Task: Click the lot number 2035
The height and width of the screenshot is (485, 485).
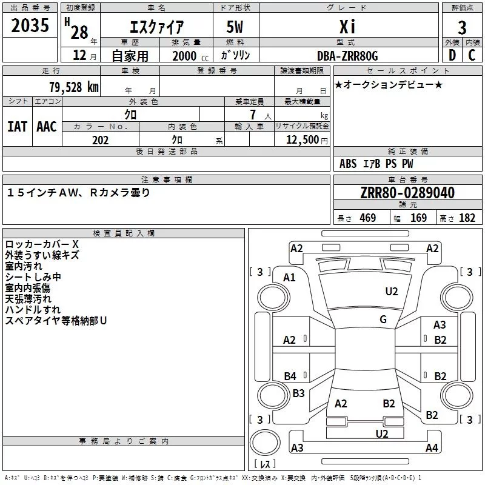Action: (x=30, y=25)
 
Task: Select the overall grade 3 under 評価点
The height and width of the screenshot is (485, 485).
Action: (x=462, y=27)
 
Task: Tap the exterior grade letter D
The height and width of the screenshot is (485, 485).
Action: (x=452, y=55)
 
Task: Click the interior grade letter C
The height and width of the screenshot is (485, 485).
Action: (x=472, y=55)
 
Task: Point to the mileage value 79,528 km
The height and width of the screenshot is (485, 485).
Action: (x=74, y=87)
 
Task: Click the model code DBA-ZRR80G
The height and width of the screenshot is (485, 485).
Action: (x=347, y=56)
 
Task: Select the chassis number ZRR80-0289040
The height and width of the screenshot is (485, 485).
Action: (x=407, y=193)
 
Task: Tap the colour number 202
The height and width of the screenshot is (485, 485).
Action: (x=100, y=140)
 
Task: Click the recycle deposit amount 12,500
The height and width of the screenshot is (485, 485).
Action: (x=302, y=140)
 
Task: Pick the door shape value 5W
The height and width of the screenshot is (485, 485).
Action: (x=235, y=27)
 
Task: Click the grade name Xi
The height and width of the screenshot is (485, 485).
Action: (x=347, y=27)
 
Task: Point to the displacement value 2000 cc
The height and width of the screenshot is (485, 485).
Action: (x=190, y=56)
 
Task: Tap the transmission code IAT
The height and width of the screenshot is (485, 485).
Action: (x=17, y=127)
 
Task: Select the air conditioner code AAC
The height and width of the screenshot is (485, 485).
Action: (x=47, y=127)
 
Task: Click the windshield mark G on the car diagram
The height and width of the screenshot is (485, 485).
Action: (x=383, y=319)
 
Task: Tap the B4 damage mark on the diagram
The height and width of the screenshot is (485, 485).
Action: (x=290, y=376)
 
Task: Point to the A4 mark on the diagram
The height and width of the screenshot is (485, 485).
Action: (x=432, y=447)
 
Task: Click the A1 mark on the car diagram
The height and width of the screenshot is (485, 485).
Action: (x=289, y=278)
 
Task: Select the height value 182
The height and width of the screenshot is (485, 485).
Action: (x=467, y=218)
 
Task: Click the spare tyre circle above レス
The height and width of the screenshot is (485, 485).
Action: (x=265, y=442)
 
